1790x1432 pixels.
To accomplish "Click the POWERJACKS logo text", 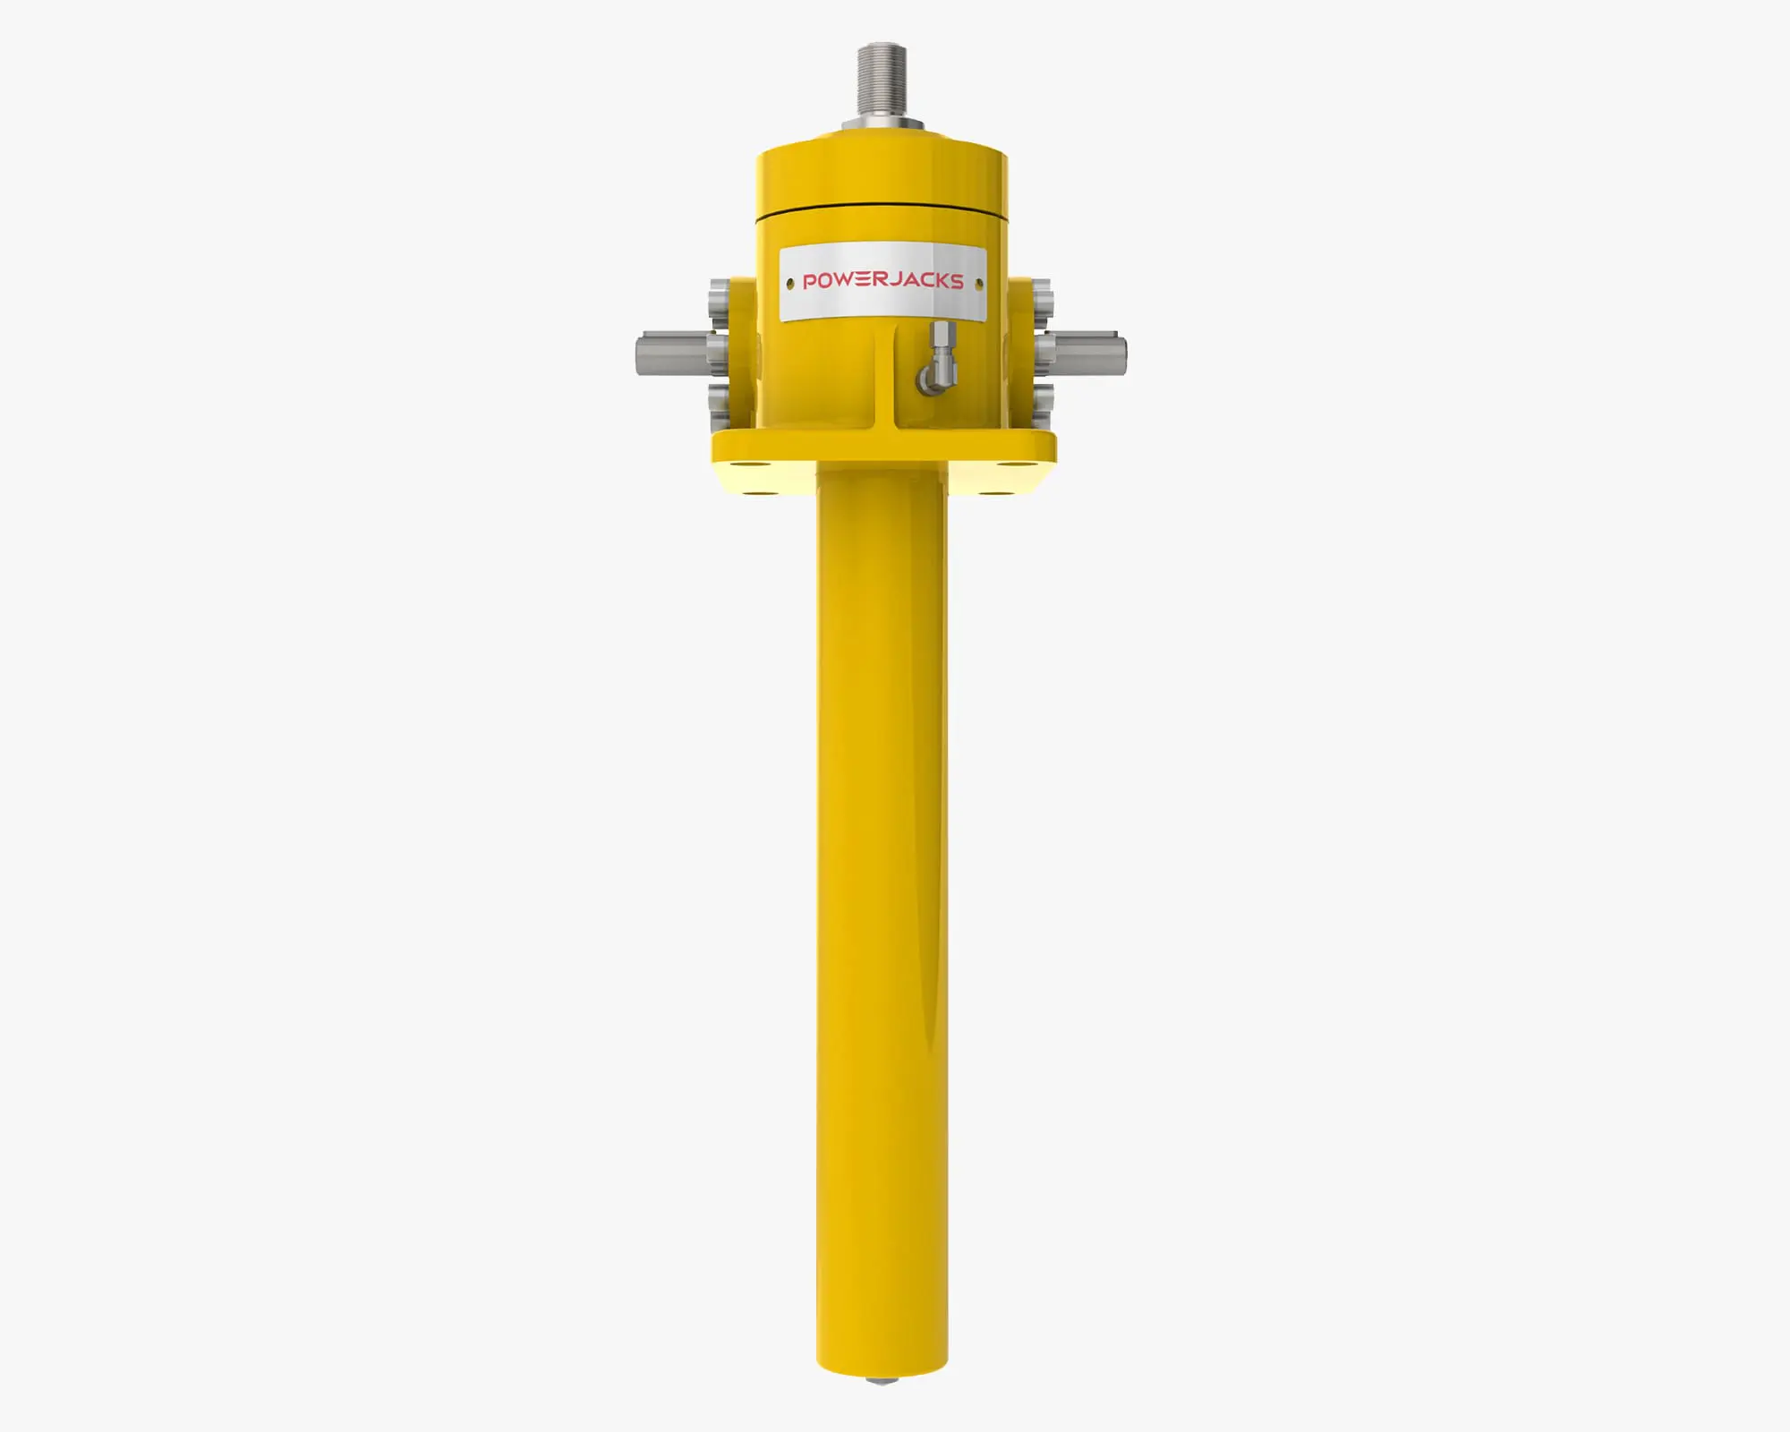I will point(882,281).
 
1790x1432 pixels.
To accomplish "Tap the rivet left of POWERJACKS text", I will point(789,285).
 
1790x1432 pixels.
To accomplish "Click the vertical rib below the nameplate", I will point(885,376).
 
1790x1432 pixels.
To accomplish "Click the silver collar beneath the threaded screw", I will point(882,124).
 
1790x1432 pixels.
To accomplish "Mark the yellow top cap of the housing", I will point(882,175).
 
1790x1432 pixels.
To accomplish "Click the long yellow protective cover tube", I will point(882,895).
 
